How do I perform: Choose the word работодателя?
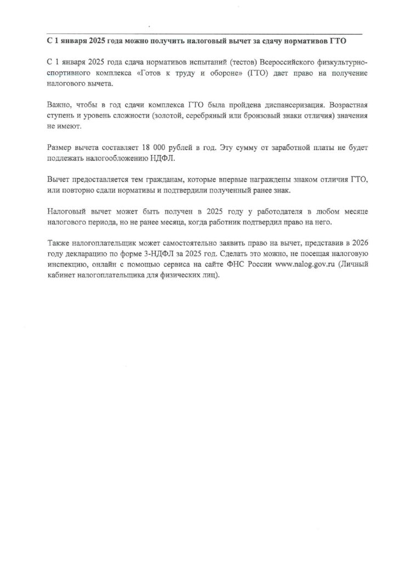(x=251, y=211)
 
